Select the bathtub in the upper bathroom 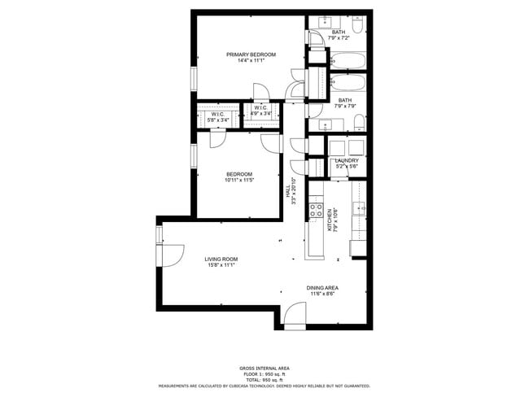348,60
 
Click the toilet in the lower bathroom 359,122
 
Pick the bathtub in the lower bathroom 348,82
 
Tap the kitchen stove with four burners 314,212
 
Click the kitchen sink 358,210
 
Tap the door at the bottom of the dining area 295,317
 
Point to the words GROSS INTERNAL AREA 264,368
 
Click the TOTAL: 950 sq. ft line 264,380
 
